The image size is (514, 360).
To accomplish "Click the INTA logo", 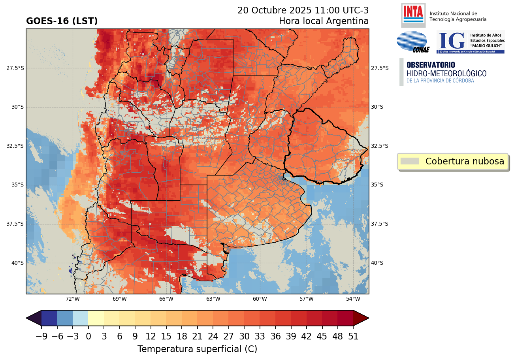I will pos(413,14).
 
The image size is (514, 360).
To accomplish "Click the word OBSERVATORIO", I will pos(430,65).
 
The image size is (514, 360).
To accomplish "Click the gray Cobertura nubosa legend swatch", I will pos(409,161).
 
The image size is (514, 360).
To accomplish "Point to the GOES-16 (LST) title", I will pos(62,21).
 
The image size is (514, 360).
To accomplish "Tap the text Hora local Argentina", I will pos(324,21).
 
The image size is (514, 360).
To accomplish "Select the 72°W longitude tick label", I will pos(73,299).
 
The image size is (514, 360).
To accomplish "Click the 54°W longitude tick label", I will pos(353,299).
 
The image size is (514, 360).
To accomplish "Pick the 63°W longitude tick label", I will pos(213,299).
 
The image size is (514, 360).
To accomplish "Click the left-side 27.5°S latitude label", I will pos(15,68).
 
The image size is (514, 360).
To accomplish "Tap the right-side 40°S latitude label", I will pos(377,263).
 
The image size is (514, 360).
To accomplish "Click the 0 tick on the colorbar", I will pos(88,336).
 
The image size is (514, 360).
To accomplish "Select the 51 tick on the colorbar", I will pos(353,336).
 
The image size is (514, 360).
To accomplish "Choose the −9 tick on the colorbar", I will pos(41,336).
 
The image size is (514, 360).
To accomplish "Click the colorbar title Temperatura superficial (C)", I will pos(197,349).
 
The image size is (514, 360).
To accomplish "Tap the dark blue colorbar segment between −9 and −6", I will pos(49,318).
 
